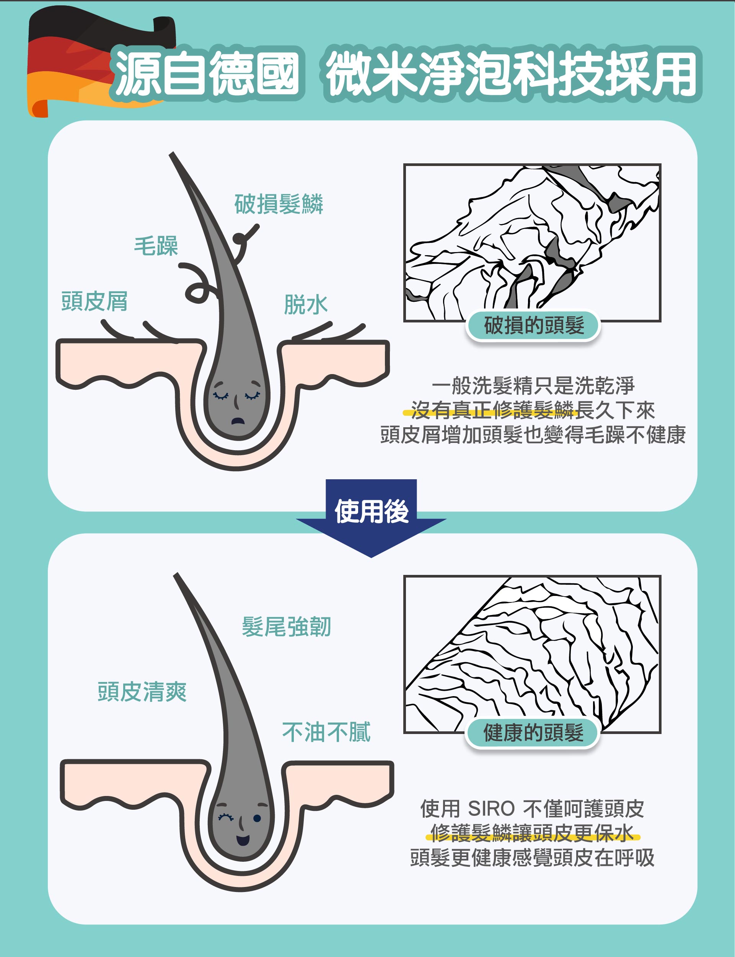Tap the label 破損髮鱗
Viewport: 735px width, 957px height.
279,204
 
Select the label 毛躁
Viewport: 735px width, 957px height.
156,246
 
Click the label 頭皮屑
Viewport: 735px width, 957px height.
95,301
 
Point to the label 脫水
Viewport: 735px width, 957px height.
306,304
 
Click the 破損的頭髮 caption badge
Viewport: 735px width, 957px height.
533,326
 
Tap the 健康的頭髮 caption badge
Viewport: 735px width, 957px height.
533,732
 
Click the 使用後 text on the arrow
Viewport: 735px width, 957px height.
372,511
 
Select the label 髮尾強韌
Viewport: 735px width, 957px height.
287,627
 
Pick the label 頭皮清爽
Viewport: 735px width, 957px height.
142,692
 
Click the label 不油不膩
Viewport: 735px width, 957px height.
326,732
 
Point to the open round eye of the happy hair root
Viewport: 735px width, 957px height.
257,818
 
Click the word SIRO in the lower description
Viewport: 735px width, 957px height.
491,808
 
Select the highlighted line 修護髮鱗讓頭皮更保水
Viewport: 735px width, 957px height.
533,833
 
